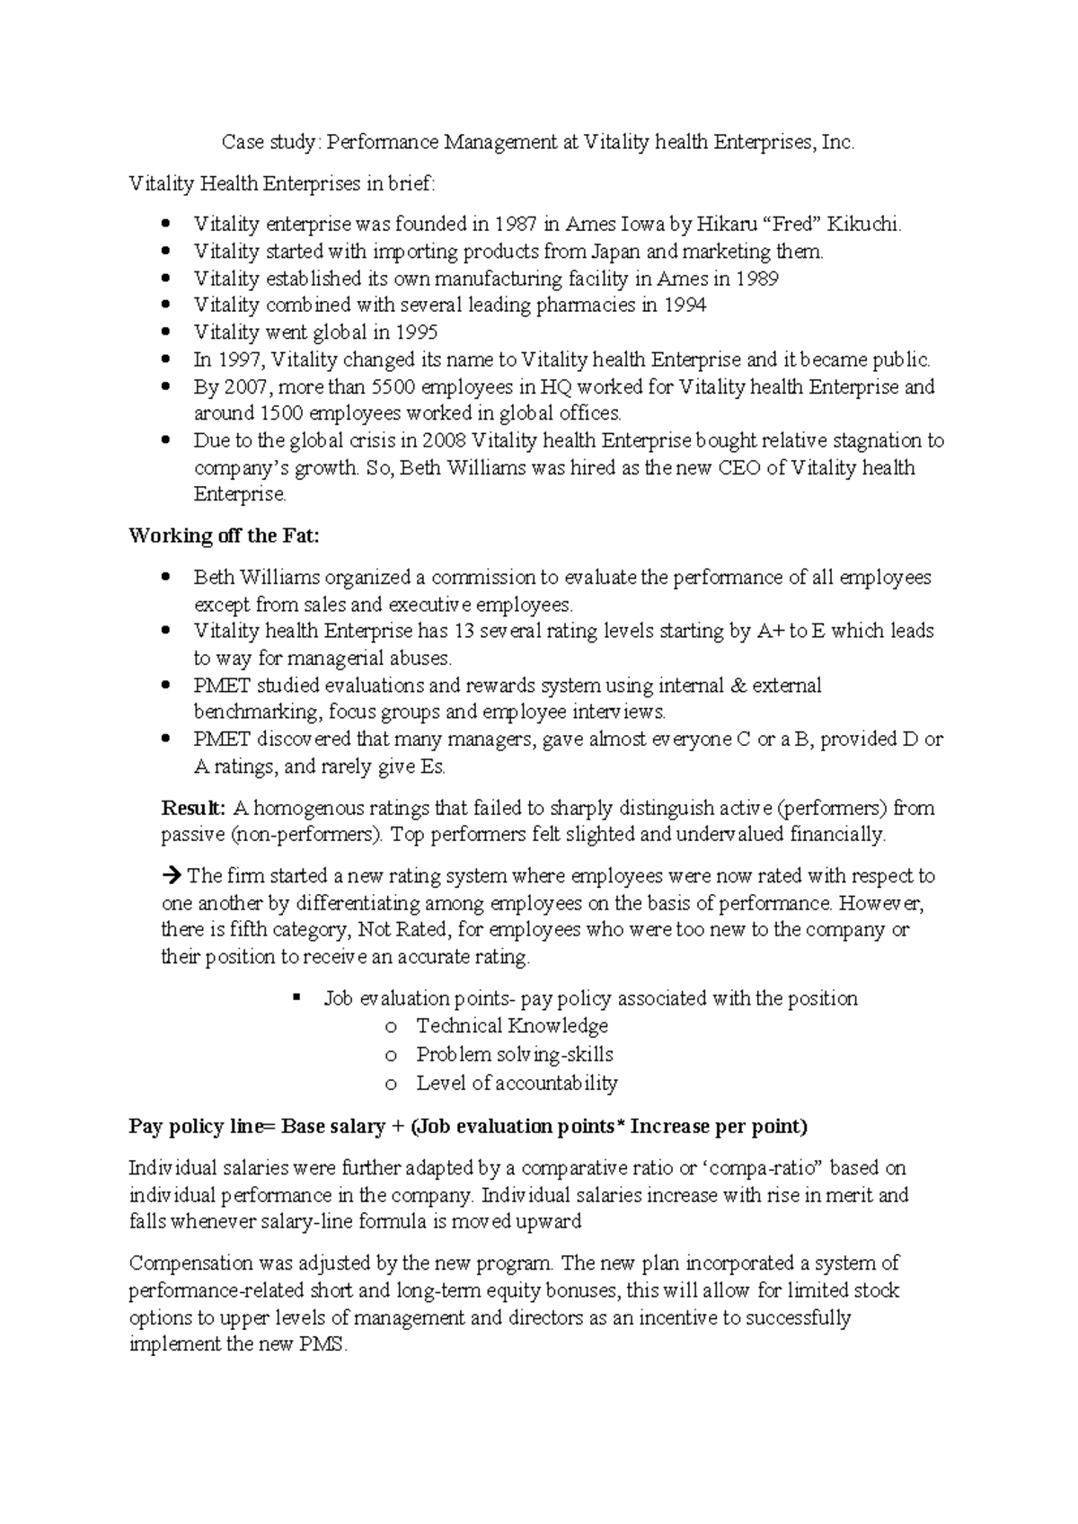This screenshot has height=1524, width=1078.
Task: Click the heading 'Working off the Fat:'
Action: pyautogui.click(x=224, y=536)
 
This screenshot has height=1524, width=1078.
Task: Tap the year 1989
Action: pyautogui.click(x=756, y=279)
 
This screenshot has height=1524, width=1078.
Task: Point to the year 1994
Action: pyautogui.click(x=685, y=306)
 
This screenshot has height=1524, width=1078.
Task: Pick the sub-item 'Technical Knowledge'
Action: pyautogui.click(x=512, y=1026)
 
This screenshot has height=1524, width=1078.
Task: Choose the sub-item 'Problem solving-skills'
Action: pyautogui.click(x=515, y=1054)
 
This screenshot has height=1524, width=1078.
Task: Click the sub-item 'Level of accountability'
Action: pyautogui.click(x=517, y=1083)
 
